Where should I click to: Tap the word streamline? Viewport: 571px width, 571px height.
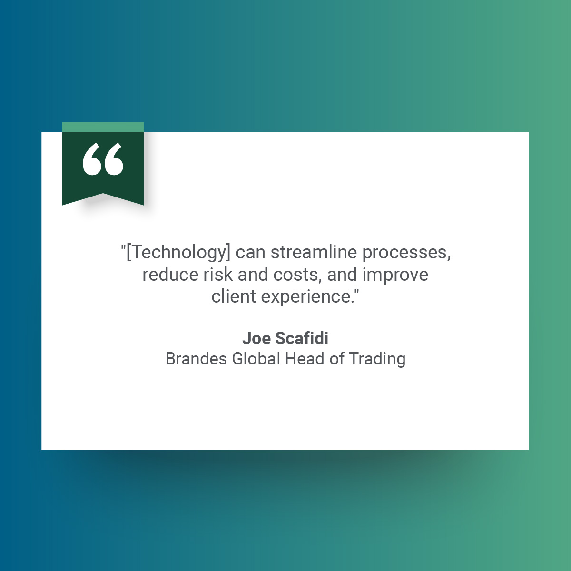314,252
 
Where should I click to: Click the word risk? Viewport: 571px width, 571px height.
218,275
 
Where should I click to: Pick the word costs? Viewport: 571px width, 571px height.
297,275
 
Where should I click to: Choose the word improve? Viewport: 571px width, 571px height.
395,275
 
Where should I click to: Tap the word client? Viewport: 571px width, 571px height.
234,296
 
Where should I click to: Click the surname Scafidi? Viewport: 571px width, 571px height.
302,338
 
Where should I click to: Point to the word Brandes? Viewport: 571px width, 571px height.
196,359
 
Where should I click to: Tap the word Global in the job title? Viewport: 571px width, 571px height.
256,359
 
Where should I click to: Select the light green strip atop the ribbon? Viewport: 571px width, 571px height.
103,127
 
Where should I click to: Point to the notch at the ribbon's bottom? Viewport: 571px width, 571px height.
103,194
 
